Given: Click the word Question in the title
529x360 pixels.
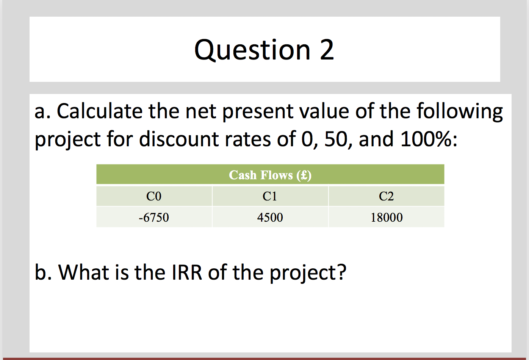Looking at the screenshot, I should (252, 50).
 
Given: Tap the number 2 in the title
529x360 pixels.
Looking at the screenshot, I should (327, 50).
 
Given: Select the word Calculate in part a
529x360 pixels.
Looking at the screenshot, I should (99, 112).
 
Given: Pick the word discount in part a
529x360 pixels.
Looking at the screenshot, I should (179, 139).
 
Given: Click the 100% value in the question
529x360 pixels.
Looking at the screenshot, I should (426, 139).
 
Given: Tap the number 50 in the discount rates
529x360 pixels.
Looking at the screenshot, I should (335, 139).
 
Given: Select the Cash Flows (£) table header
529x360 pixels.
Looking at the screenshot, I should (270, 175).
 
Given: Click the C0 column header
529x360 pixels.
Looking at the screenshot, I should (154, 196).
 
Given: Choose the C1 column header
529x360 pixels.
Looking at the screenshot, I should (270, 196).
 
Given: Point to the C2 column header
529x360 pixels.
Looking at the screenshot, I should (386, 196).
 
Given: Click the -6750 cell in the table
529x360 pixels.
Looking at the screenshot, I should (154, 218).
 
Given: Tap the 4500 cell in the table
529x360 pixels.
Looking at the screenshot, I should (270, 218).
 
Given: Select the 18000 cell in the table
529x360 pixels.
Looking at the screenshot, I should (387, 218).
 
